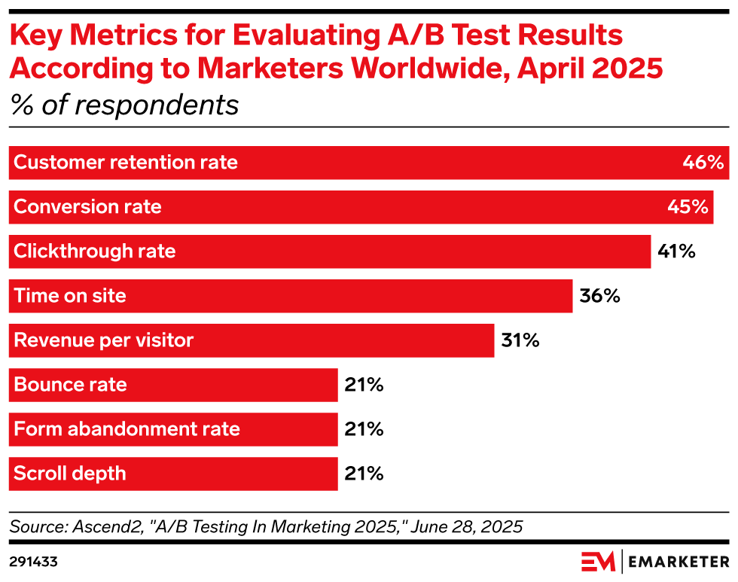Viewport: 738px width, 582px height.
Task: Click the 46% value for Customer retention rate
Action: (x=703, y=163)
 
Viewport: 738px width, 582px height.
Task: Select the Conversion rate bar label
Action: (x=87, y=207)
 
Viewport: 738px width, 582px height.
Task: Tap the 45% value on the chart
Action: (x=688, y=207)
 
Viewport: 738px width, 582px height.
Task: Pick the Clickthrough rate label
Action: (x=95, y=251)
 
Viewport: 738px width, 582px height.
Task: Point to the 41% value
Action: (x=676, y=251)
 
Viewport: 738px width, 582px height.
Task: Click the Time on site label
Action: (x=70, y=296)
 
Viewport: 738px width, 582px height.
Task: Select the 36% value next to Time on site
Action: (x=599, y=296)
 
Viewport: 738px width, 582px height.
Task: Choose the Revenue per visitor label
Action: (x=104, y=340)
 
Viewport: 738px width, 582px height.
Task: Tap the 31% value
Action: (x=520, y=340)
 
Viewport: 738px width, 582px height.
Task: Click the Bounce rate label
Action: (x=70, y=385)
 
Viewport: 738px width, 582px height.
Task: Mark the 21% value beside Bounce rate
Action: (x=364, y=385)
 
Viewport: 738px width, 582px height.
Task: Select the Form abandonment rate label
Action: (x=127, y=429)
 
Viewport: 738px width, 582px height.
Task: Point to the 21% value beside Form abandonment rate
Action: (x=364, y=429)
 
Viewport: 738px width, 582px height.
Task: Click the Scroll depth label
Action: (x=70, y=474)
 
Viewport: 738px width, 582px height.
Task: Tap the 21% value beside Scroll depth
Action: (x=364, y=474)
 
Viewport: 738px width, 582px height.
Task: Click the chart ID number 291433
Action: (x=34, y=562)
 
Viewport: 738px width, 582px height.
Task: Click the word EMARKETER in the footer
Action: (x=679, y=562)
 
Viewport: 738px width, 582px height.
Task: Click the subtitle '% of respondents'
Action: (x=124, y=105)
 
